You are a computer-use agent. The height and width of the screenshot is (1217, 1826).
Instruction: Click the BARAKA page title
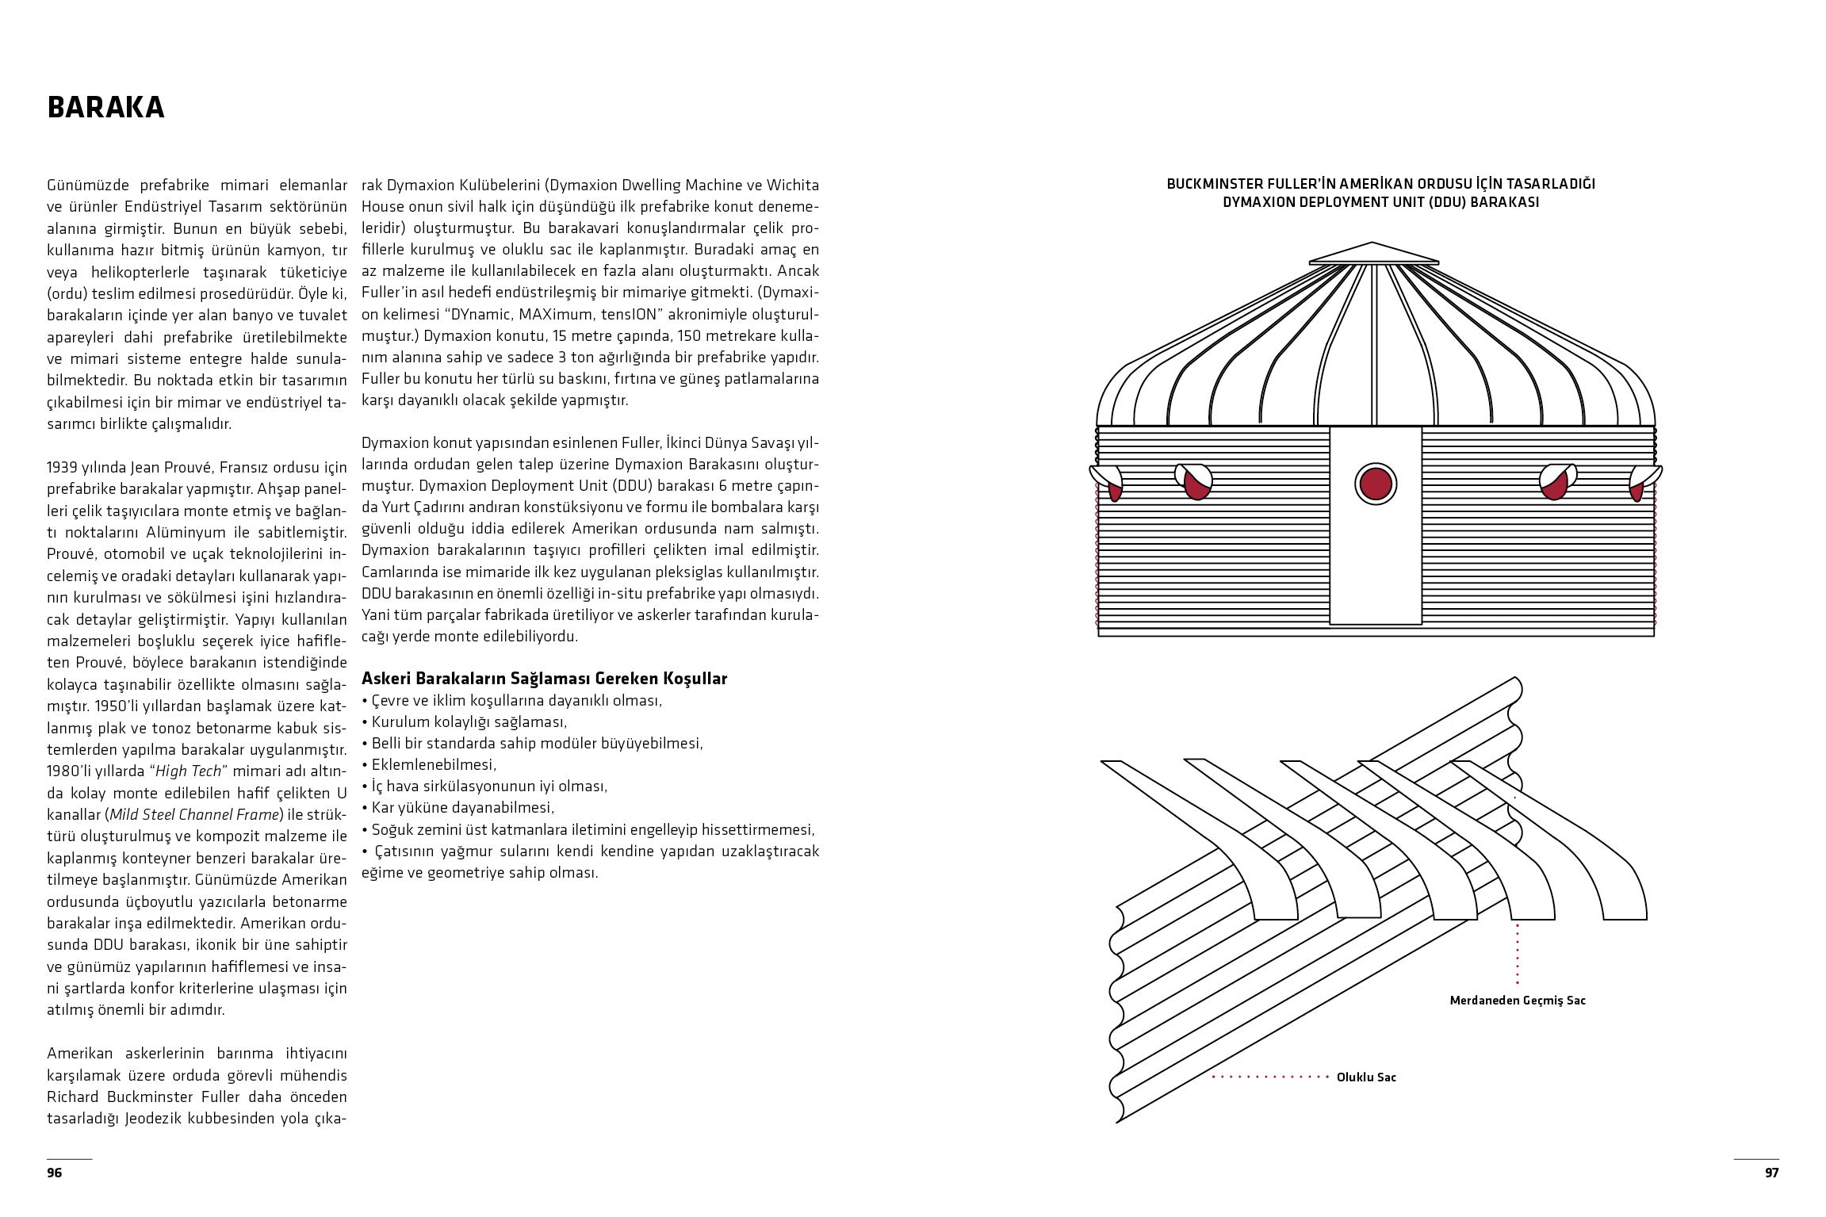[105, 108]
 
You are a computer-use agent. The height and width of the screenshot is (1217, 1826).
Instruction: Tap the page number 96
[54, 1173]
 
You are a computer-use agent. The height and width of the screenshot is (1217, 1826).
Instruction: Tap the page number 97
[1771, 1173]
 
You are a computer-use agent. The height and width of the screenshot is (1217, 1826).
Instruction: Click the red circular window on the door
[1376, 484]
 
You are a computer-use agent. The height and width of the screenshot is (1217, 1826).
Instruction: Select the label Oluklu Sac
[1366, 1077]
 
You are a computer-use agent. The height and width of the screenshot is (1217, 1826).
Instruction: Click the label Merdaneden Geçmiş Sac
[1518, 1000]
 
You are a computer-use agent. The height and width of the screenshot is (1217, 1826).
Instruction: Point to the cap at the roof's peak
[1373, 254]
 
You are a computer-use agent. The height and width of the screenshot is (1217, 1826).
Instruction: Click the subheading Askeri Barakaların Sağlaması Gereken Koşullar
[544, 679]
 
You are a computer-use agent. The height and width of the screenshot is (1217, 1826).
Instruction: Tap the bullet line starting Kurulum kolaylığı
[468, 721]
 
